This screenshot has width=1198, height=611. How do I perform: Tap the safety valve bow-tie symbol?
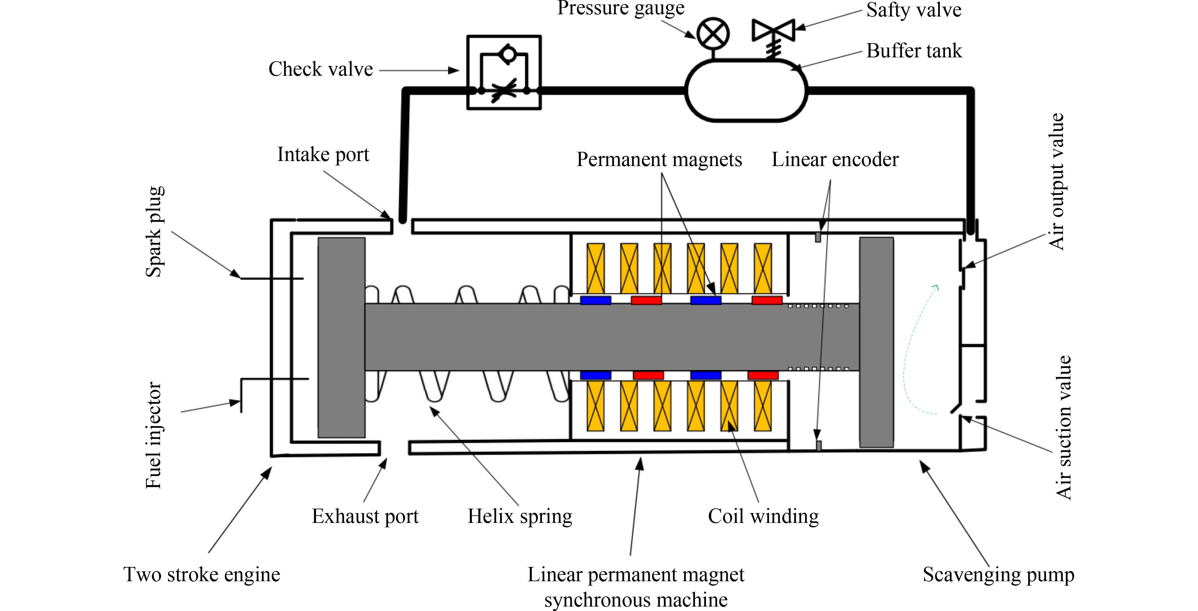[x=773, y=30]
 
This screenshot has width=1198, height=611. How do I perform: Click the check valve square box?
[x=504, y=73]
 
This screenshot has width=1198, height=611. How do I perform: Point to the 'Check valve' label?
[x=320, y=69]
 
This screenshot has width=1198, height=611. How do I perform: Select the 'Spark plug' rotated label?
[x=154, y=232]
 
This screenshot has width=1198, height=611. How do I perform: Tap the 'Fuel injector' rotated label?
[x=153, y=435]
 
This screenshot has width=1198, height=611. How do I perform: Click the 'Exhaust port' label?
[x=365, y=516]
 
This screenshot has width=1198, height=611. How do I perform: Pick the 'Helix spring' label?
[x=519, y=516]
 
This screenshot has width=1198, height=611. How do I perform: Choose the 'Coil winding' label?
[x=763, y=516]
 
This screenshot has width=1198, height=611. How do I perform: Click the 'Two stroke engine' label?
[x=202, y=575]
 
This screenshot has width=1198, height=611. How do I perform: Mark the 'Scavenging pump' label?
[x=998, y=575]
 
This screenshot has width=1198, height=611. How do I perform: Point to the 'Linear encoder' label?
[x=835, y=159]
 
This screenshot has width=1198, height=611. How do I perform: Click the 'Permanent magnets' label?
[x=659, y=159]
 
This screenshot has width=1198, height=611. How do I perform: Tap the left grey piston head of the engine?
[x=341, y=338]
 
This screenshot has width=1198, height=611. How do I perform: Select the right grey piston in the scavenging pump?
[x=876, y=342]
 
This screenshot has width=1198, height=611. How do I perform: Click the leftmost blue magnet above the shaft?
[x=595, y=300]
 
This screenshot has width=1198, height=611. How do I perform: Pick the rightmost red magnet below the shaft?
[x=763, y=375]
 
